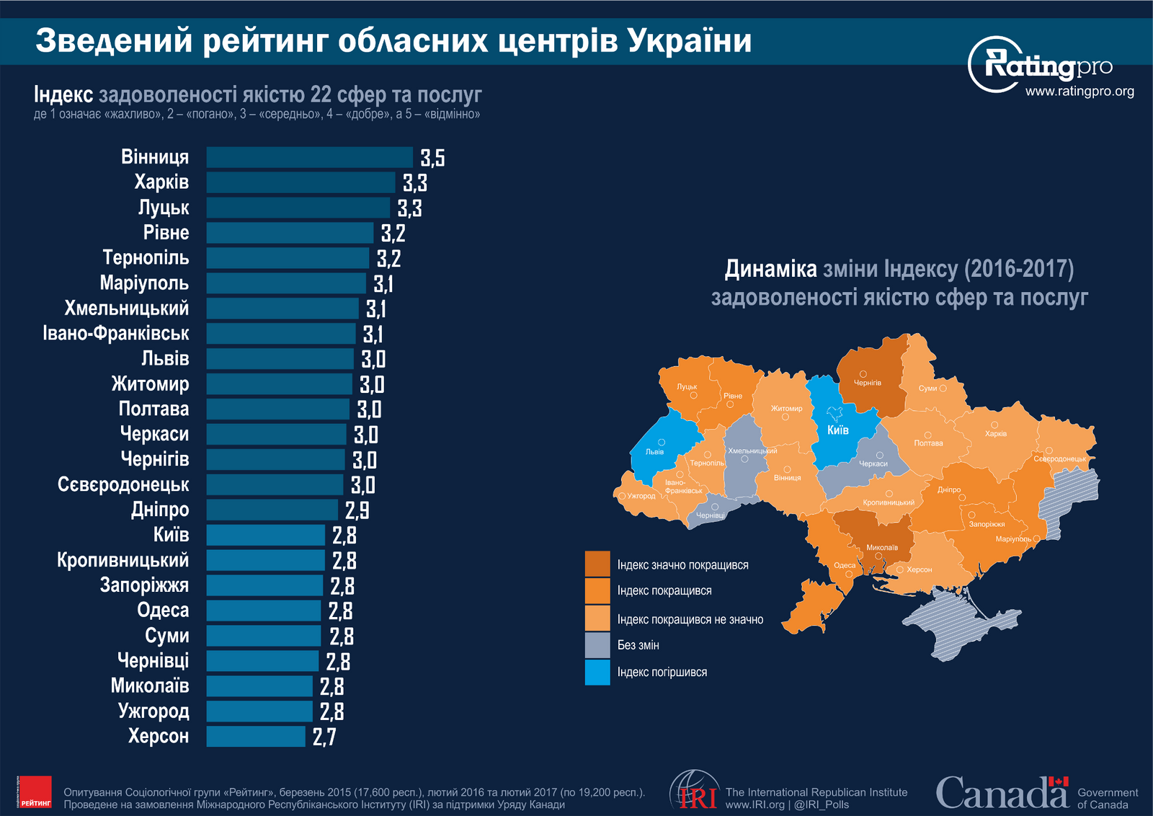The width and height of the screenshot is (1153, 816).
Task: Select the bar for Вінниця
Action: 310,157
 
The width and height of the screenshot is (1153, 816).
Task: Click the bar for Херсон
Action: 256,736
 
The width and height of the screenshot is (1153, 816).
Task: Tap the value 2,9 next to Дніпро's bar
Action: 357,510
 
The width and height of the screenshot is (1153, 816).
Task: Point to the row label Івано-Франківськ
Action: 116,334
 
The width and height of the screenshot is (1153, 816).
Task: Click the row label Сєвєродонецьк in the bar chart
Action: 123,484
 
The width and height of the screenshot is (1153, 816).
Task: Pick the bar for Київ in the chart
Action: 265,535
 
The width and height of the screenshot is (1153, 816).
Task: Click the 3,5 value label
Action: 432,158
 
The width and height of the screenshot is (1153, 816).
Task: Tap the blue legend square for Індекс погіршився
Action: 597,672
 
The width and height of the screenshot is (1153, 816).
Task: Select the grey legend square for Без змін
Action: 597,645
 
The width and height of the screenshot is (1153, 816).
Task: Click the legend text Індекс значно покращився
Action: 682,565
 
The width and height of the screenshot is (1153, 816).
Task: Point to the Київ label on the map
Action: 837,430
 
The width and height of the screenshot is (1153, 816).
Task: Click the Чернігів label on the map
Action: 868,383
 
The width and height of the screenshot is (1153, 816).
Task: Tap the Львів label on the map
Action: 654,452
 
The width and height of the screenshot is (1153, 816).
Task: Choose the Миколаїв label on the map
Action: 882,548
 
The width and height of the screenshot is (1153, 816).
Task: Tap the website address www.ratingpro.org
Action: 1079,92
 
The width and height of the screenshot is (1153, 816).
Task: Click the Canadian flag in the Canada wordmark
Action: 1058,782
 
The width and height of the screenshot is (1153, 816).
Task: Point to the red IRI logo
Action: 696,793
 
